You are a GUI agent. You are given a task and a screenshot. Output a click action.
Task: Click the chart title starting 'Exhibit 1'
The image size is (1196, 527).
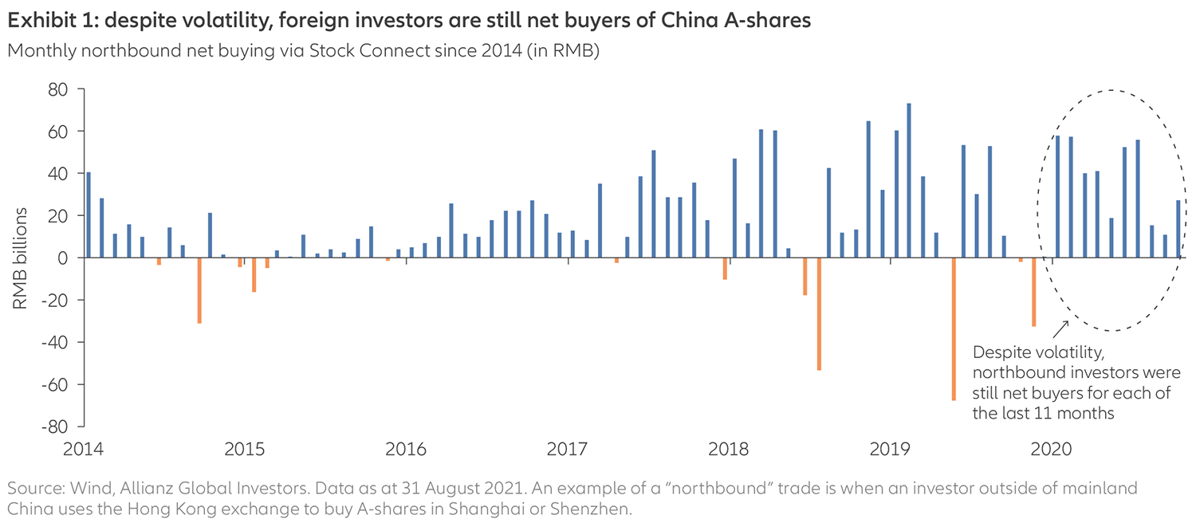click(409, 22)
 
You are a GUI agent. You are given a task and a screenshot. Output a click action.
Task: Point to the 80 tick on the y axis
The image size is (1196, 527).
click(65, 89)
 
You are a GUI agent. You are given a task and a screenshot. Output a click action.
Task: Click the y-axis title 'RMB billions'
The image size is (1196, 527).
click(22, 258)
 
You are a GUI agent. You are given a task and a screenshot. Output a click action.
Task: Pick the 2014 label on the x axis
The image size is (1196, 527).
click(84, 449)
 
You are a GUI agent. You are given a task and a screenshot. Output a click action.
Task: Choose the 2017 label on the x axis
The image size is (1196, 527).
click(568, 449)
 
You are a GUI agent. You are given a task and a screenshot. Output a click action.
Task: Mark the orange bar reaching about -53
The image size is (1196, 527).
click(818, 313)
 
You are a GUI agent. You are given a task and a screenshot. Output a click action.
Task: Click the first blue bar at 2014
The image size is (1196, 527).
click(89, 215)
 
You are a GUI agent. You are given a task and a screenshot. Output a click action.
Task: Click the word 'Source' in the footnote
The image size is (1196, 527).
click(30, 487)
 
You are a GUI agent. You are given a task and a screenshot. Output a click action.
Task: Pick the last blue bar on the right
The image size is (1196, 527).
click(1178, 229)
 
